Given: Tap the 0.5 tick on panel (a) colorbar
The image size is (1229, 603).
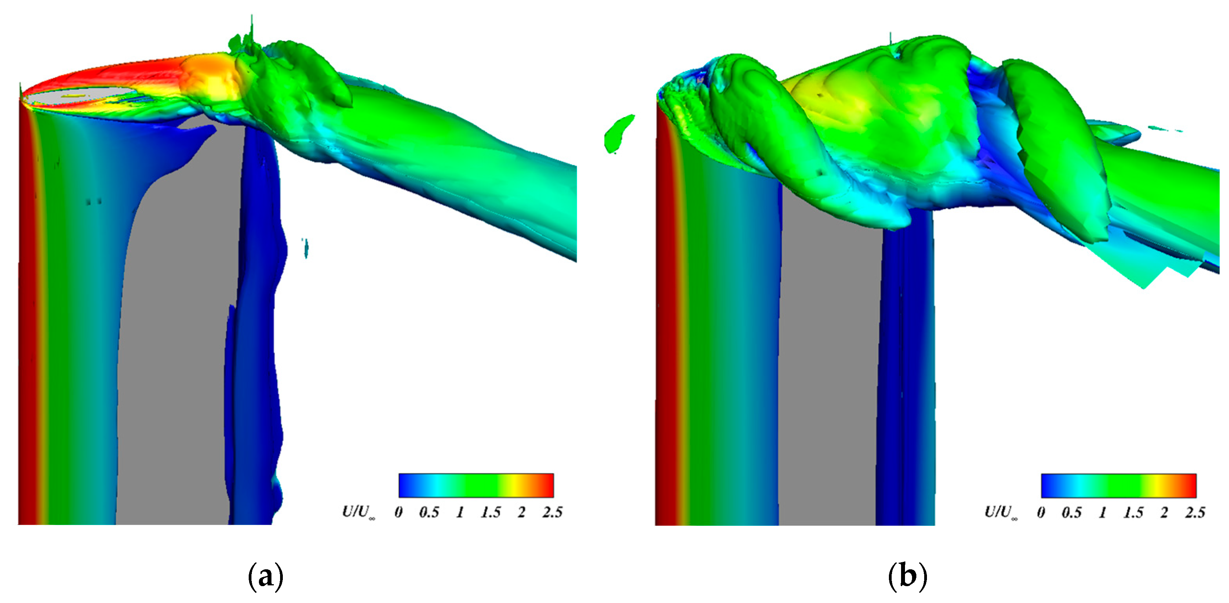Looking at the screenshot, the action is pos(429,512).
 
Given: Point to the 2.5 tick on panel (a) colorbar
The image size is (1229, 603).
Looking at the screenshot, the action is pos(552,512).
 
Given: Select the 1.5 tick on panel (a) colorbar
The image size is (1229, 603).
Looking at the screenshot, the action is pos(491,512).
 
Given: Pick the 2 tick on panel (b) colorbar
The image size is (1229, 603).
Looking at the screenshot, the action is pos(1165,512).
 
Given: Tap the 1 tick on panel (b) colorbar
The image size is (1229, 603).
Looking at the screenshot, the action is pos(1103,512).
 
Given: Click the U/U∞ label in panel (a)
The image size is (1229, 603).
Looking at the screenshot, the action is pos(358,512).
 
